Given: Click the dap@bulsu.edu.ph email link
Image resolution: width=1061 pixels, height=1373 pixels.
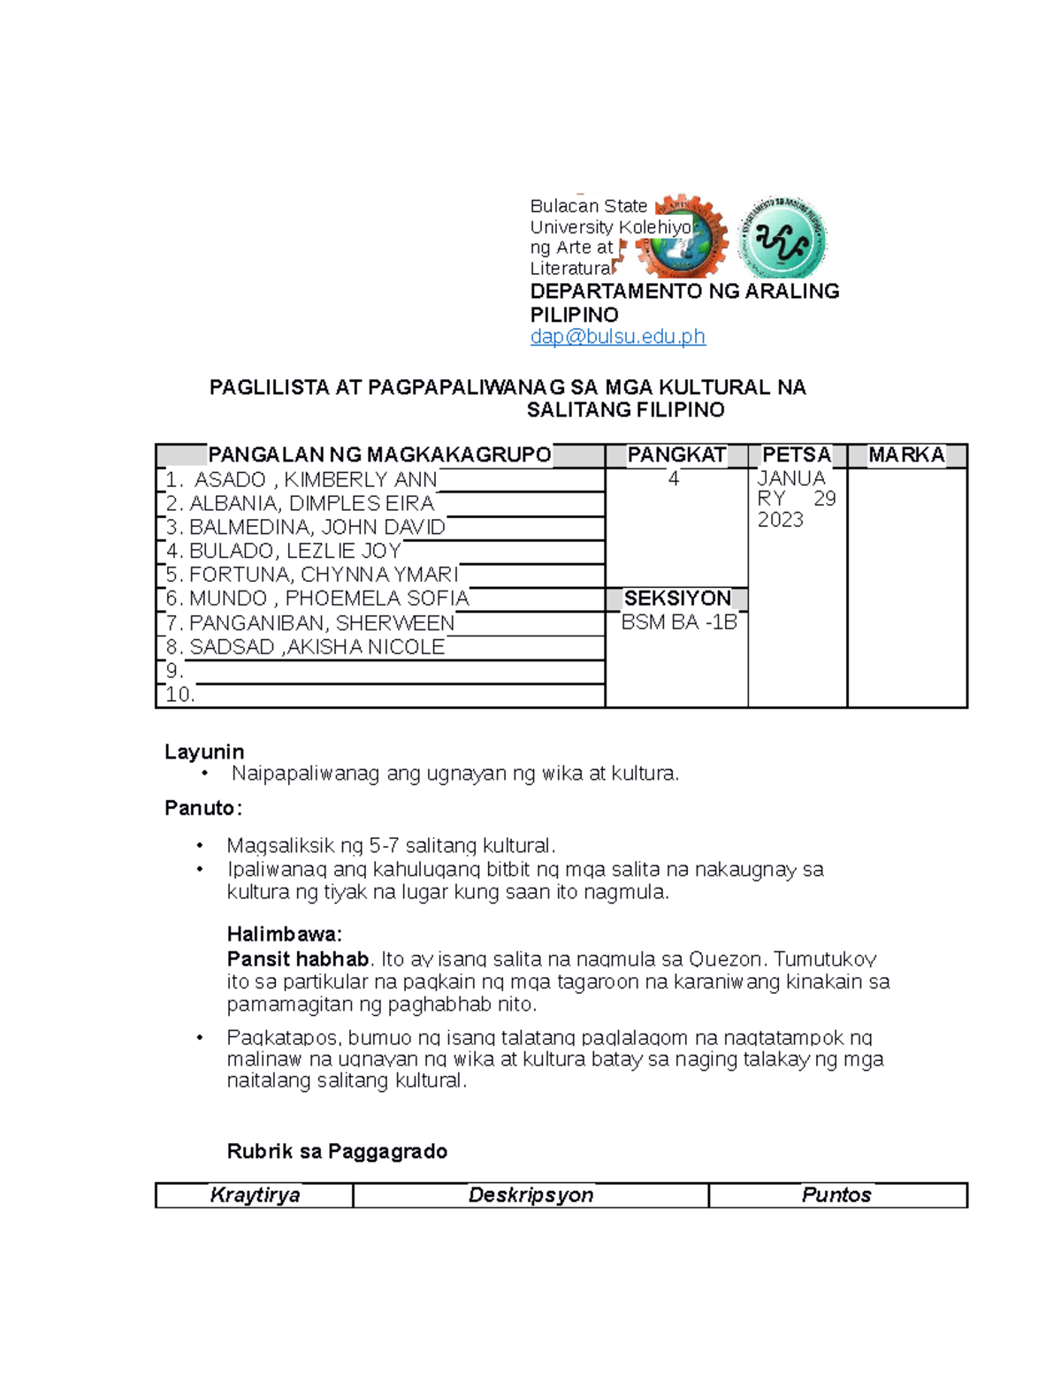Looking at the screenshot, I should coord(617,337).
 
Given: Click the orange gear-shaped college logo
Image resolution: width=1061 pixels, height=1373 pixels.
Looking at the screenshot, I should coord(683,236).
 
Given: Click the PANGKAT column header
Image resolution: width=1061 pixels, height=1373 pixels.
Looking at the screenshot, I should coord(676,455).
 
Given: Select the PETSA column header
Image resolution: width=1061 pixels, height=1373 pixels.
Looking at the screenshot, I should coord(797,455).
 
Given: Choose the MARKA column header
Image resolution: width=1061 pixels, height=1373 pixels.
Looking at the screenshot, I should coord(906,455).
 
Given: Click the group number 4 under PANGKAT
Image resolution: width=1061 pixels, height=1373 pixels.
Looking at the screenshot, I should coord(674,479).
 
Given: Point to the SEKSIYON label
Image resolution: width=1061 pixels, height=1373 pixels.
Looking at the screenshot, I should coord(677,599).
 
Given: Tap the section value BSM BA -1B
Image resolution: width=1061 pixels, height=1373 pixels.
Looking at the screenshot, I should coord(678,622).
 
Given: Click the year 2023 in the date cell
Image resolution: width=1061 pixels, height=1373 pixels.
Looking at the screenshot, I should coord(780,520).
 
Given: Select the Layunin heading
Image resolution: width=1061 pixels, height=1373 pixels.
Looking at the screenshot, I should coord(204,751).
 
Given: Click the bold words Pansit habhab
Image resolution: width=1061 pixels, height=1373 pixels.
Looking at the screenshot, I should coord(297,959).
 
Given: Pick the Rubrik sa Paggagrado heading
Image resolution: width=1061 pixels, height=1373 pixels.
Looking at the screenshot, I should coord(337,1151).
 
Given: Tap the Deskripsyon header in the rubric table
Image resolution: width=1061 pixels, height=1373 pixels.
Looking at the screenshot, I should coord(530,1195).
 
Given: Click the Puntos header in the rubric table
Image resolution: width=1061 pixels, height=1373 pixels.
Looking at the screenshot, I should coord(836,1195).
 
